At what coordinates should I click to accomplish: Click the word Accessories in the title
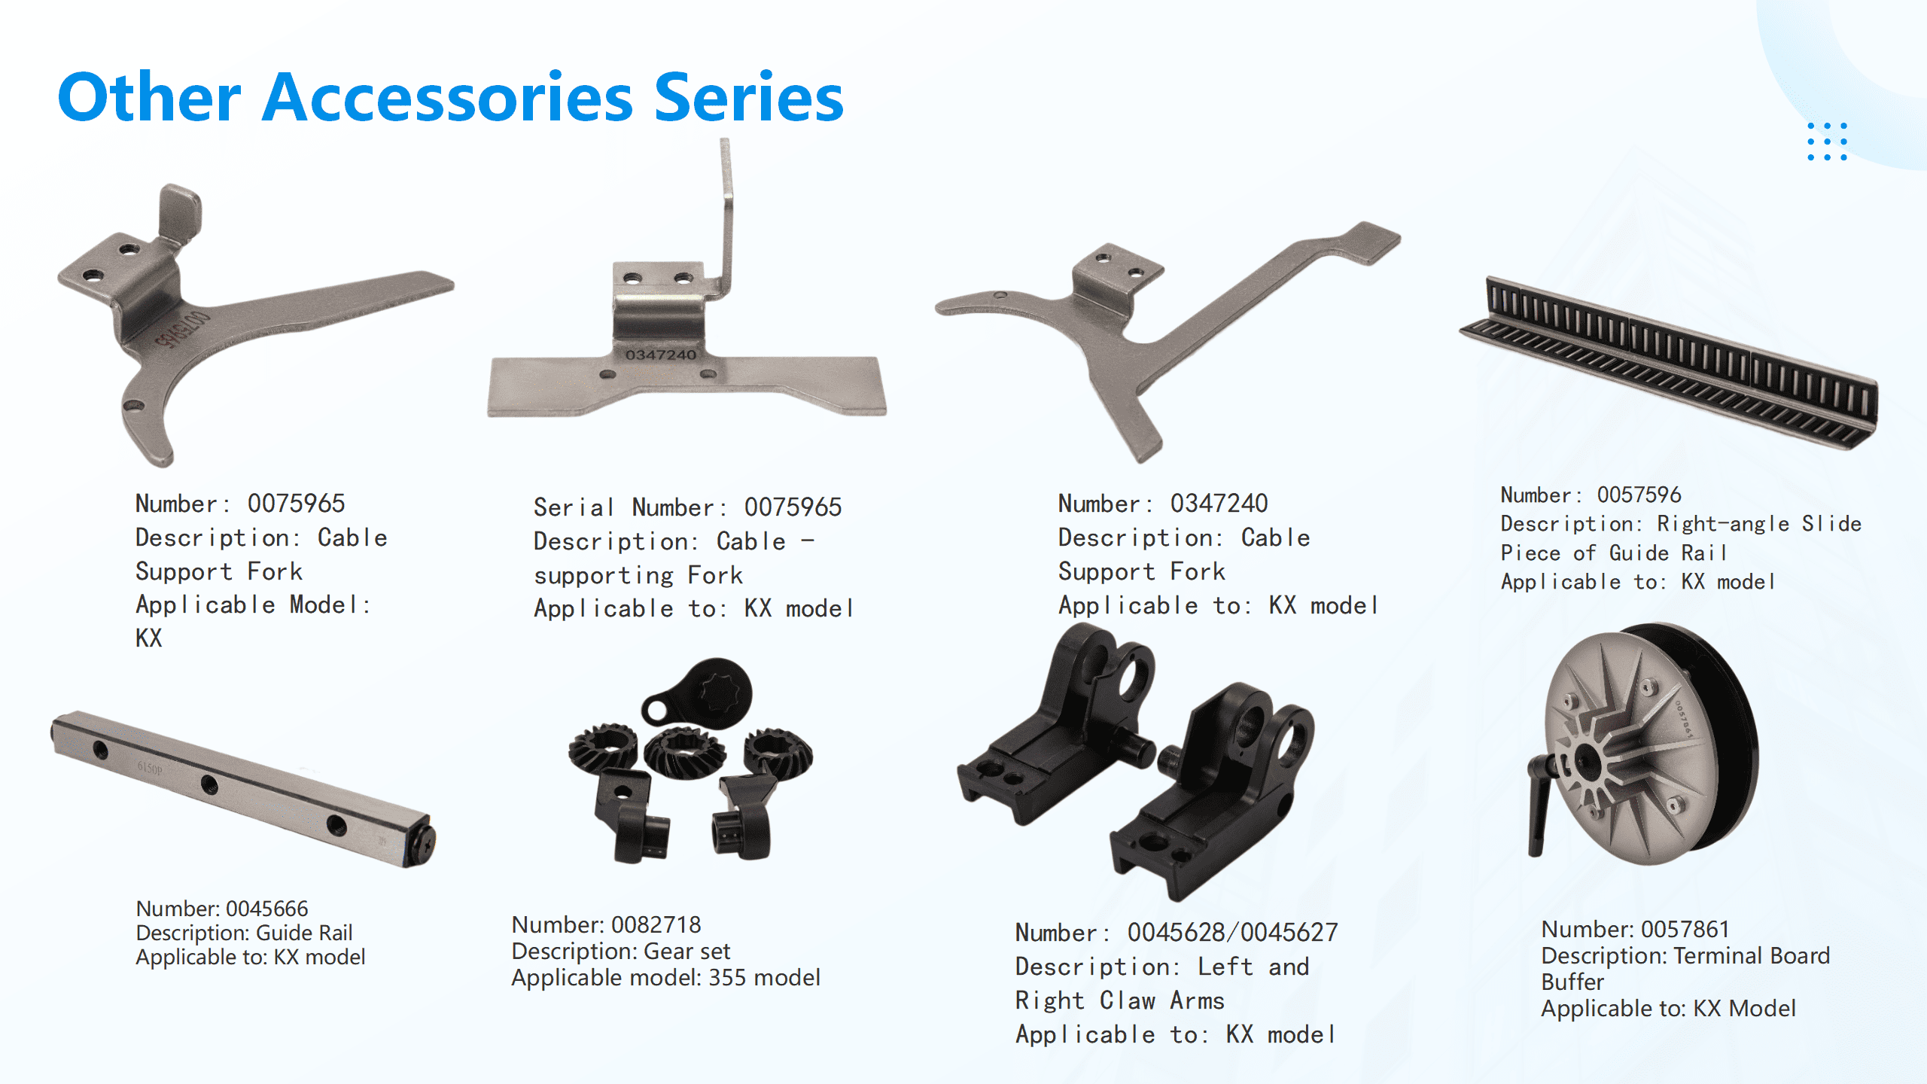point(447,97)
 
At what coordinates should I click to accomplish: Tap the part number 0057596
point(1639,495)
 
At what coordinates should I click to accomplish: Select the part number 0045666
point(267,909)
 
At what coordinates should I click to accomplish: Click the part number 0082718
point(656,924)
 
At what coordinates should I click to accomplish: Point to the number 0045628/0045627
point(1232,933)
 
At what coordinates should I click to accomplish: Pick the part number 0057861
point(1685,929)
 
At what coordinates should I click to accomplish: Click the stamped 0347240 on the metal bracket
point(661,355)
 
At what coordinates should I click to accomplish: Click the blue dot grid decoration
point(1827,141)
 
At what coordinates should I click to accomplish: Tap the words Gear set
point(686,952)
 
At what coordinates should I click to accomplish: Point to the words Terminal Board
point(1751,956)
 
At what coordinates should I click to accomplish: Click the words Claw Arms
point(1161,1000)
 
